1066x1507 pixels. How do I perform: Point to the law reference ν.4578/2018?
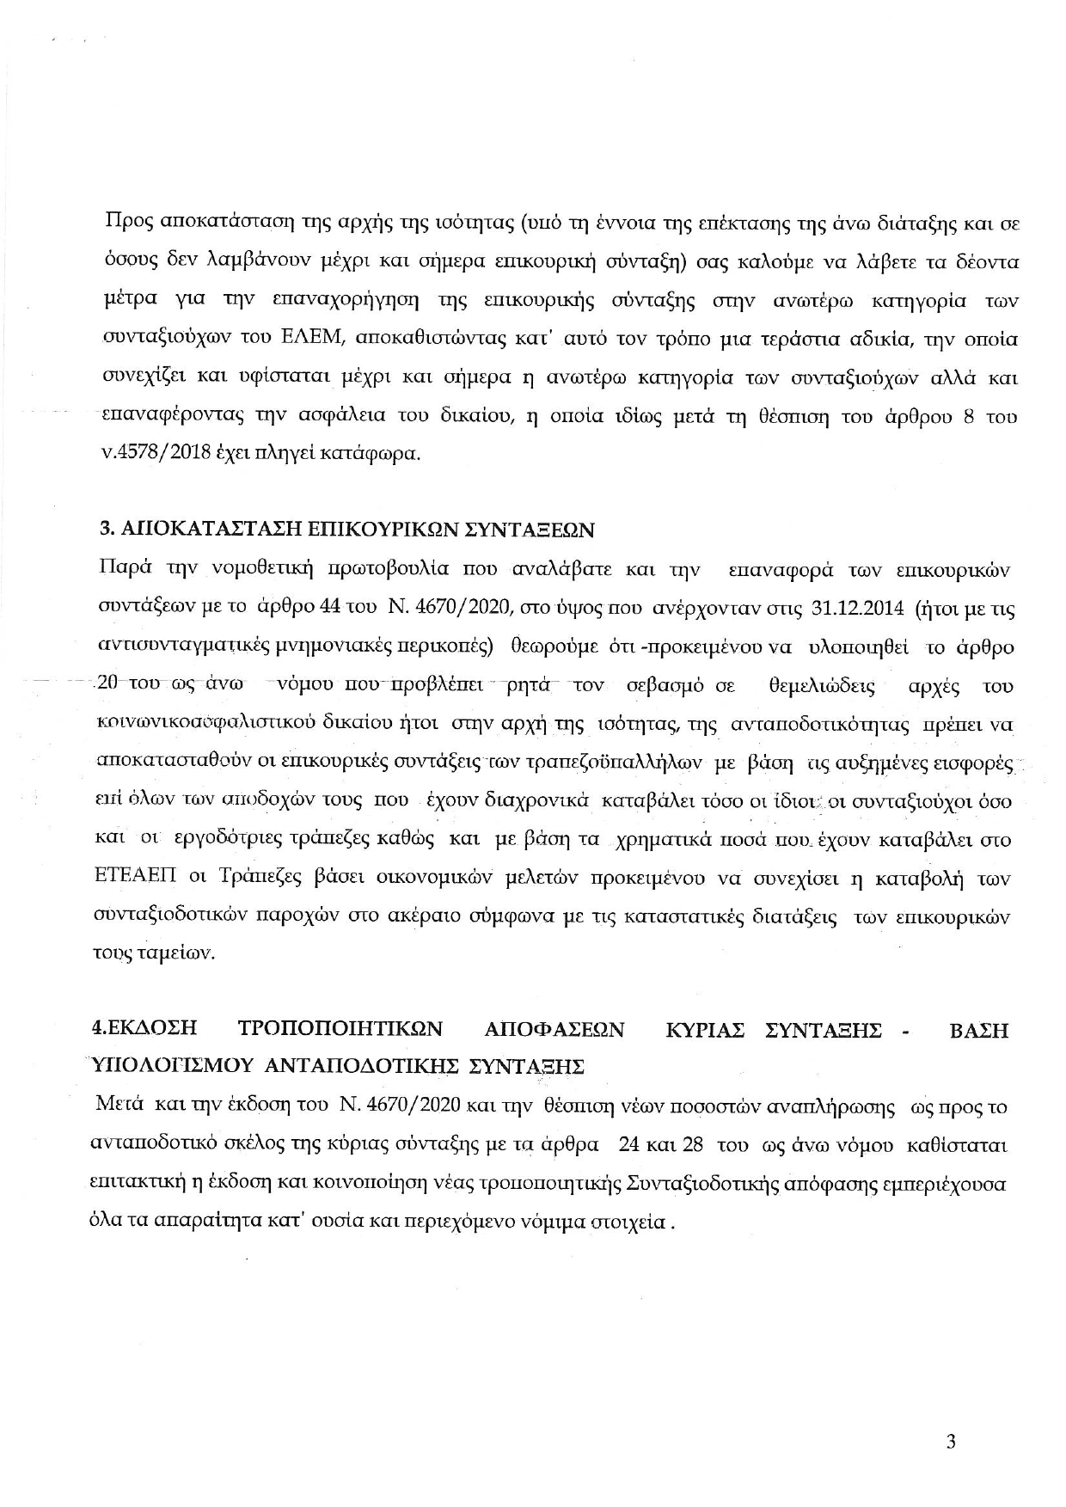[x=153, y=455]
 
